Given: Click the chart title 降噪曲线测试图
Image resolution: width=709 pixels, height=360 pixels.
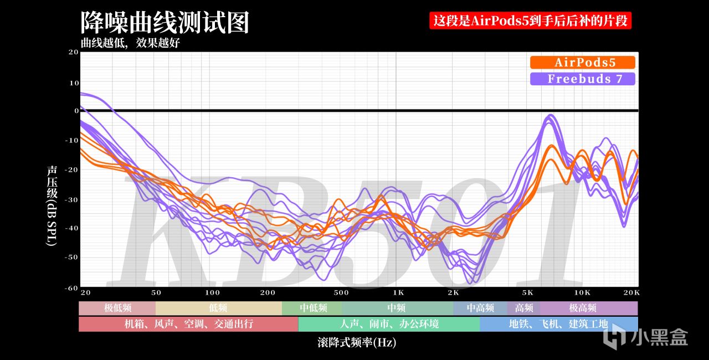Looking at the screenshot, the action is (x=165, y=22).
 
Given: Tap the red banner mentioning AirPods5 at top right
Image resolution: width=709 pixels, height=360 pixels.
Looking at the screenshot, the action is (x=530, y=20).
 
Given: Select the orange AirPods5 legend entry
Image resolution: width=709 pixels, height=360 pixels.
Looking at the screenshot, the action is (x=582, y=63).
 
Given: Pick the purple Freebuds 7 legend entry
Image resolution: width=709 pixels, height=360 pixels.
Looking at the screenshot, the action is (x=582, y=79).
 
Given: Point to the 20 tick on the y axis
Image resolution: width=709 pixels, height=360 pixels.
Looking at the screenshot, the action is (x=74, y=52).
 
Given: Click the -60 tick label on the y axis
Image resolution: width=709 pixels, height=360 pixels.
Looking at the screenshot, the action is (x=71, y=288).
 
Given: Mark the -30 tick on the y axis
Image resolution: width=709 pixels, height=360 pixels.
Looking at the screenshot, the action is (x=71, y=200).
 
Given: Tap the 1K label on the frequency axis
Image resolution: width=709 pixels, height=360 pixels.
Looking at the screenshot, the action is (x=398, y=292).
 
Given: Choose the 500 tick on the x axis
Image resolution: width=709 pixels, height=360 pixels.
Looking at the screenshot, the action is (x=341, y=292).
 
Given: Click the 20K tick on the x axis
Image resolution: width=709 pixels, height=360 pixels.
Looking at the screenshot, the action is (x=631, y=292).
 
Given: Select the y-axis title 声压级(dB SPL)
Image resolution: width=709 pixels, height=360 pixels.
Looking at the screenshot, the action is (x=52, y=205).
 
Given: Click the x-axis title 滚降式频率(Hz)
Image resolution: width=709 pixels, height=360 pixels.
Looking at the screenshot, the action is (x=357, y=342).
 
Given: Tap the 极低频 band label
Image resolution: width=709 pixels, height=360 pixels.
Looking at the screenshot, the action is (x=118, y=308).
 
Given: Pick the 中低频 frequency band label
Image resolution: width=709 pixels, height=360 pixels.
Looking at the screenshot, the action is (x=314, y=308).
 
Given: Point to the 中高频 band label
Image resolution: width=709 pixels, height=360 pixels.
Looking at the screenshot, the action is (x=480, y=308).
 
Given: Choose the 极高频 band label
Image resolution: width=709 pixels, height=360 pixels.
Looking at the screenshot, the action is (x=582, y=308).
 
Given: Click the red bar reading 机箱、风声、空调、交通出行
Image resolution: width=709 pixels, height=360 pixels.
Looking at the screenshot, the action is (x=189, y=324).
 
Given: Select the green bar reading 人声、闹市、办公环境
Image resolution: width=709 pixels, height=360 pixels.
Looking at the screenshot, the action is (x=389, y=324).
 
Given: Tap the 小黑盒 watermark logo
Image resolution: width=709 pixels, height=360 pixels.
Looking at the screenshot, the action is (x=646, y=338).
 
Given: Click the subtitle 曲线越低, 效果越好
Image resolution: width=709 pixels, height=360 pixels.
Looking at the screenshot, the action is (x=130, y=43).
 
